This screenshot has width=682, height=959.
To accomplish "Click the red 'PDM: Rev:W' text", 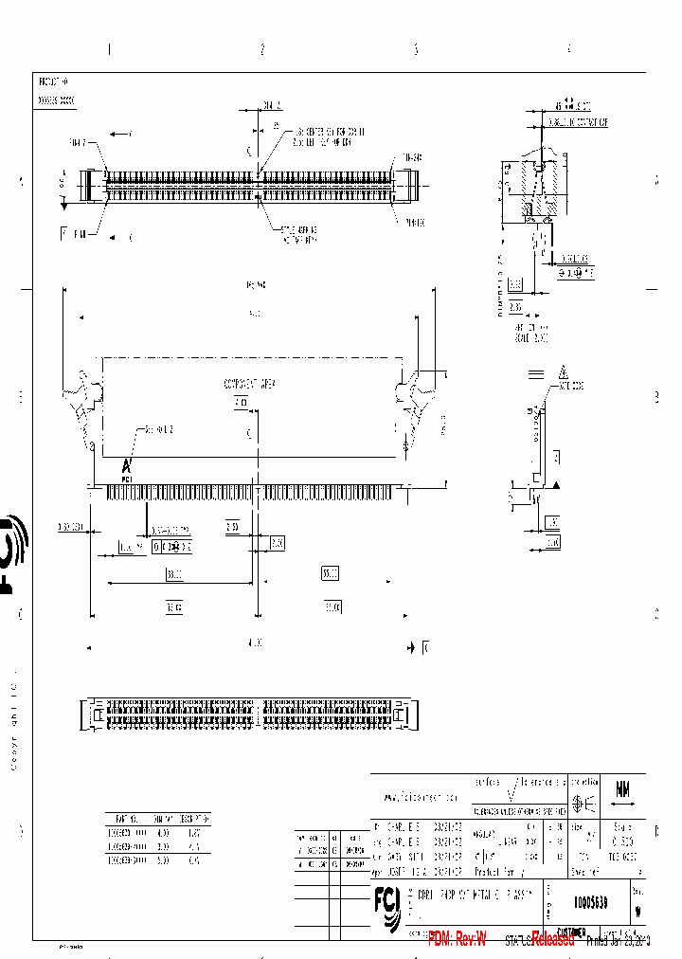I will click(x=458, y=939).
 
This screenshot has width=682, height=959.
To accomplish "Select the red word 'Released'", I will click(x=553, y=939).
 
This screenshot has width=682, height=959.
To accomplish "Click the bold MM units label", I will click(x=623, y=788).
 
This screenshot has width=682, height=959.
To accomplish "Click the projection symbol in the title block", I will click(x=584, y=803).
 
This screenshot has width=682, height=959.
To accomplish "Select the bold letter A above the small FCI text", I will click(x=126, y=465).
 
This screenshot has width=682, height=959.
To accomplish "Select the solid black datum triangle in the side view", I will click(x=558, y=484).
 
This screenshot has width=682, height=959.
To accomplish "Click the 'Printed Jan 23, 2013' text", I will click(x=617, y=941).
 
